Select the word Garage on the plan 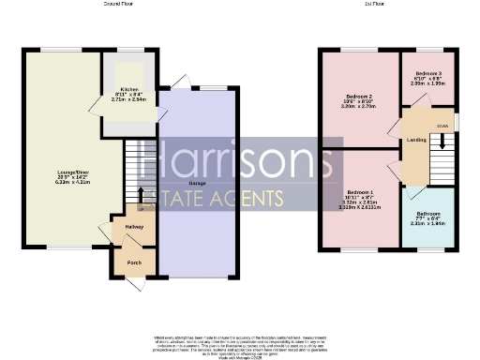(x=197, y=183)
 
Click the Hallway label (x=127, y=227)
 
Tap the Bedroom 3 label (x=428, y=73)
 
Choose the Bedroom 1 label (x=360, y=191)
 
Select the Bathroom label (x=427, y=214)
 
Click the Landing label (x=416, y=142)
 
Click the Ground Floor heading (x=117, y=5)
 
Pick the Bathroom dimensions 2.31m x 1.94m (x=427, y=224)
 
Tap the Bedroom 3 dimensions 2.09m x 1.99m (x=428, y=82)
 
